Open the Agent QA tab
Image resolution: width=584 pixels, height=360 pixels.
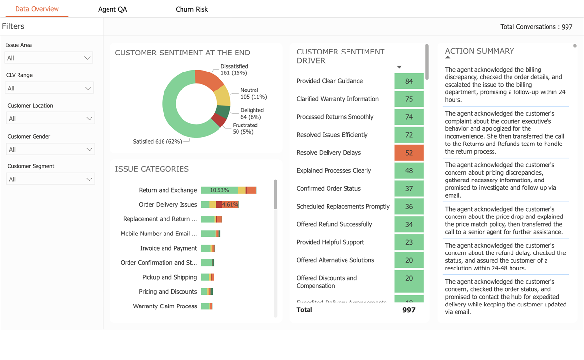112,9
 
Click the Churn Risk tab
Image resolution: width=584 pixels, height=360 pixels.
192,9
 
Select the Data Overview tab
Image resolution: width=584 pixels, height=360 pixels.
37,9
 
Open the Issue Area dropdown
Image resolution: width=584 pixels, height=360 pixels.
49,58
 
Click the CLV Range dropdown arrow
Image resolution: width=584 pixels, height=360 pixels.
88,88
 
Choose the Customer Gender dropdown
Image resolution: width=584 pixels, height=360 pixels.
50,149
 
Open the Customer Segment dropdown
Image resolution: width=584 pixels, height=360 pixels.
50,179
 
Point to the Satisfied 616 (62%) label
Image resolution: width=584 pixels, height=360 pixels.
157,142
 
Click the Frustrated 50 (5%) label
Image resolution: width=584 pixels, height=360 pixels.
245,128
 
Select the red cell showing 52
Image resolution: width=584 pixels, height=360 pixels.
409,153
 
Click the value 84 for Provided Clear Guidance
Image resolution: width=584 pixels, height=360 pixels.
409,81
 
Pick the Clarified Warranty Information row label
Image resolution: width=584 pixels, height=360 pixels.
337,99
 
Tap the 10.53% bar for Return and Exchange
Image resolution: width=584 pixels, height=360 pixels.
219,190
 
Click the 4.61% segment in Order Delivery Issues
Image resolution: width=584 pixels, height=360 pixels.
230,205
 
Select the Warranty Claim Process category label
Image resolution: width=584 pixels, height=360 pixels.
165,306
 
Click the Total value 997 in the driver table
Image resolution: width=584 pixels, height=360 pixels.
409,310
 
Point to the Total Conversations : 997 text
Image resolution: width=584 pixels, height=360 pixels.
536,27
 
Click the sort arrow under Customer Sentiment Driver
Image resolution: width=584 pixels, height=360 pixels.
399,67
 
